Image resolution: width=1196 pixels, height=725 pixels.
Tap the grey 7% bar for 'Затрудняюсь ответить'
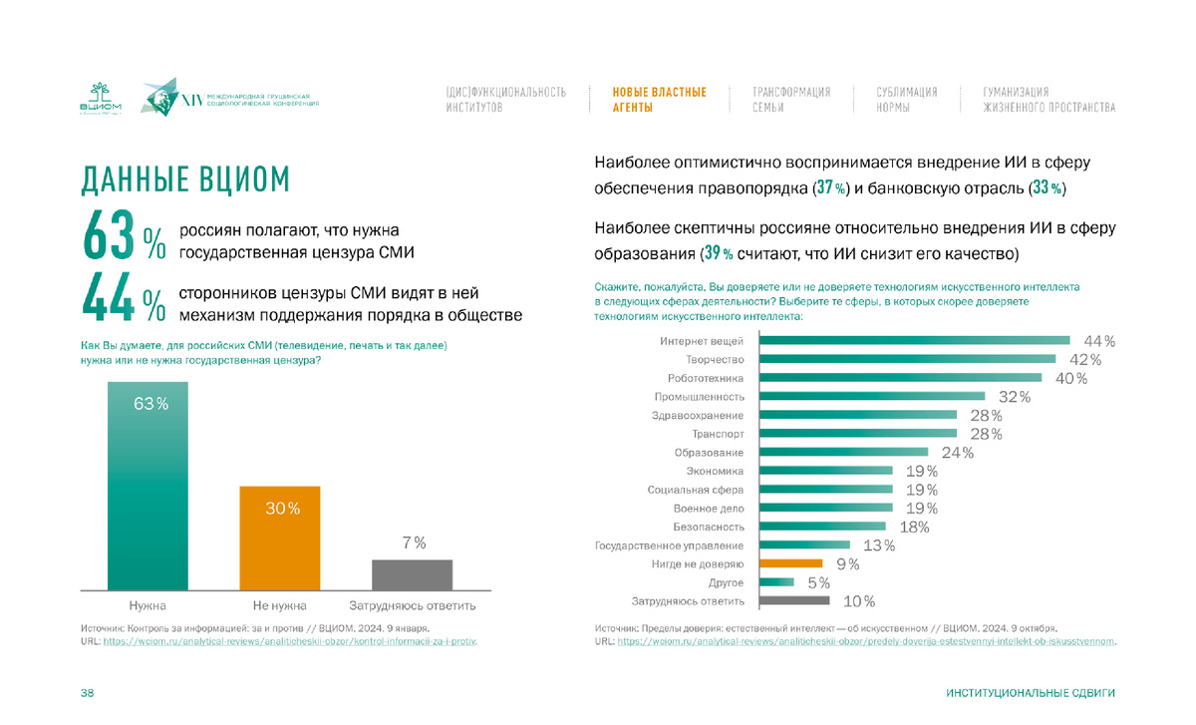[412, 574]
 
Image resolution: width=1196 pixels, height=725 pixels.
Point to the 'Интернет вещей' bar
[914, 341]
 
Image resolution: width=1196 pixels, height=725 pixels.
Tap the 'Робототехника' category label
[706, 378]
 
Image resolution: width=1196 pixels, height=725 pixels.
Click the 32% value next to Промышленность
[1014, 397]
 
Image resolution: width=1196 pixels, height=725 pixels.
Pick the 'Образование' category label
[710, 453]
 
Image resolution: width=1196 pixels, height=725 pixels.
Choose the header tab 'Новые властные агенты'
[660, 99]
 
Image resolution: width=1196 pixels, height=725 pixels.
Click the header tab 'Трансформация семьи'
[791, 99]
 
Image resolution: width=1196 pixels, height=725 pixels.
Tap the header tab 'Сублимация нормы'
[907, 99]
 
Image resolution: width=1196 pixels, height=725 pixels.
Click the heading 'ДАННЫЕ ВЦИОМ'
[185, 180]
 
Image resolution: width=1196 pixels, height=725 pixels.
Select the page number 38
[87, 692]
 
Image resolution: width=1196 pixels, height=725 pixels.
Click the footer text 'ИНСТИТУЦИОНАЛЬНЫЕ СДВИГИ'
[1031, 692]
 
